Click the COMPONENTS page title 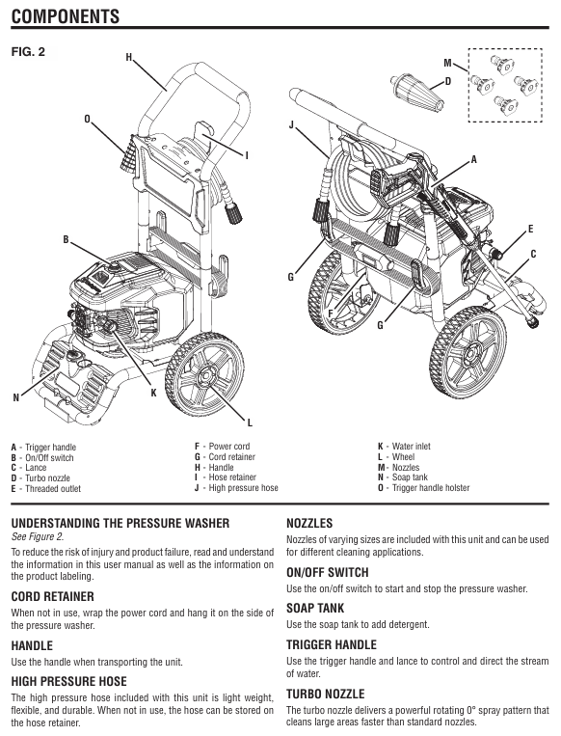(66, 16)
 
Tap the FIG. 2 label (28, 52)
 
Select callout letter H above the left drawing (129, 57)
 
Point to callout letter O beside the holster (88, 120)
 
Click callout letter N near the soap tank (16, 397)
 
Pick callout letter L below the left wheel (250, 423)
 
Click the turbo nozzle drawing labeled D (416, 92)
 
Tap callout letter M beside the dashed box (448, 63)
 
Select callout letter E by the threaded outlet (530, 229)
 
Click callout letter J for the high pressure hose (292, 125)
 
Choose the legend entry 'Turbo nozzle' (47, 477)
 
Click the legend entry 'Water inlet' (411, 446)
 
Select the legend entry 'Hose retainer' (232, 477)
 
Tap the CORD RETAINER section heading (53, 596)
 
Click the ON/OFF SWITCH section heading (328, 573)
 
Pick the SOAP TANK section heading (315, 609)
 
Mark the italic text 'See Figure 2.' (38, 537)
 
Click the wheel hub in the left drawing (205, 375)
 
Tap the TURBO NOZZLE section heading (326, 694)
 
